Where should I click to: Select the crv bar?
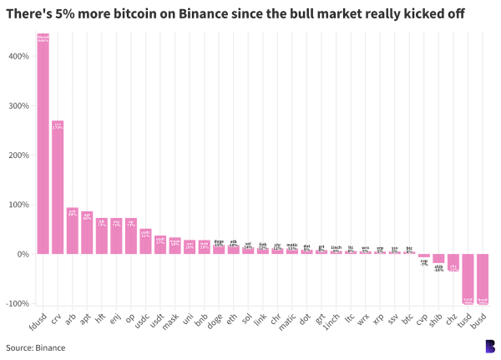point(58,187)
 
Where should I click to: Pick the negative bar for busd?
point(483,278)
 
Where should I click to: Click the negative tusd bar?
point(468,278)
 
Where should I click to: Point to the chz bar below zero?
point(453,263)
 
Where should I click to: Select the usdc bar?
point(145,241)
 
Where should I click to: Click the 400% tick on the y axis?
point(19,57)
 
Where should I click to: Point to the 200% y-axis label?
point(19,155)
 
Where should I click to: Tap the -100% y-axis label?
point(18,303)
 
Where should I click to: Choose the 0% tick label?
point(23,254)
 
